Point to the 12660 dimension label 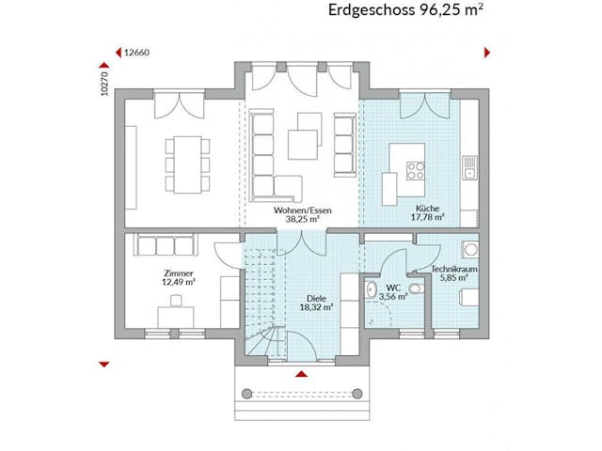137,53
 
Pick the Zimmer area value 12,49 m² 177,281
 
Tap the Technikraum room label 454,270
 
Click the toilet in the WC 372,291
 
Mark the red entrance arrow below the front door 301,374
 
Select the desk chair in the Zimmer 177,302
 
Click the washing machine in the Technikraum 467,252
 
